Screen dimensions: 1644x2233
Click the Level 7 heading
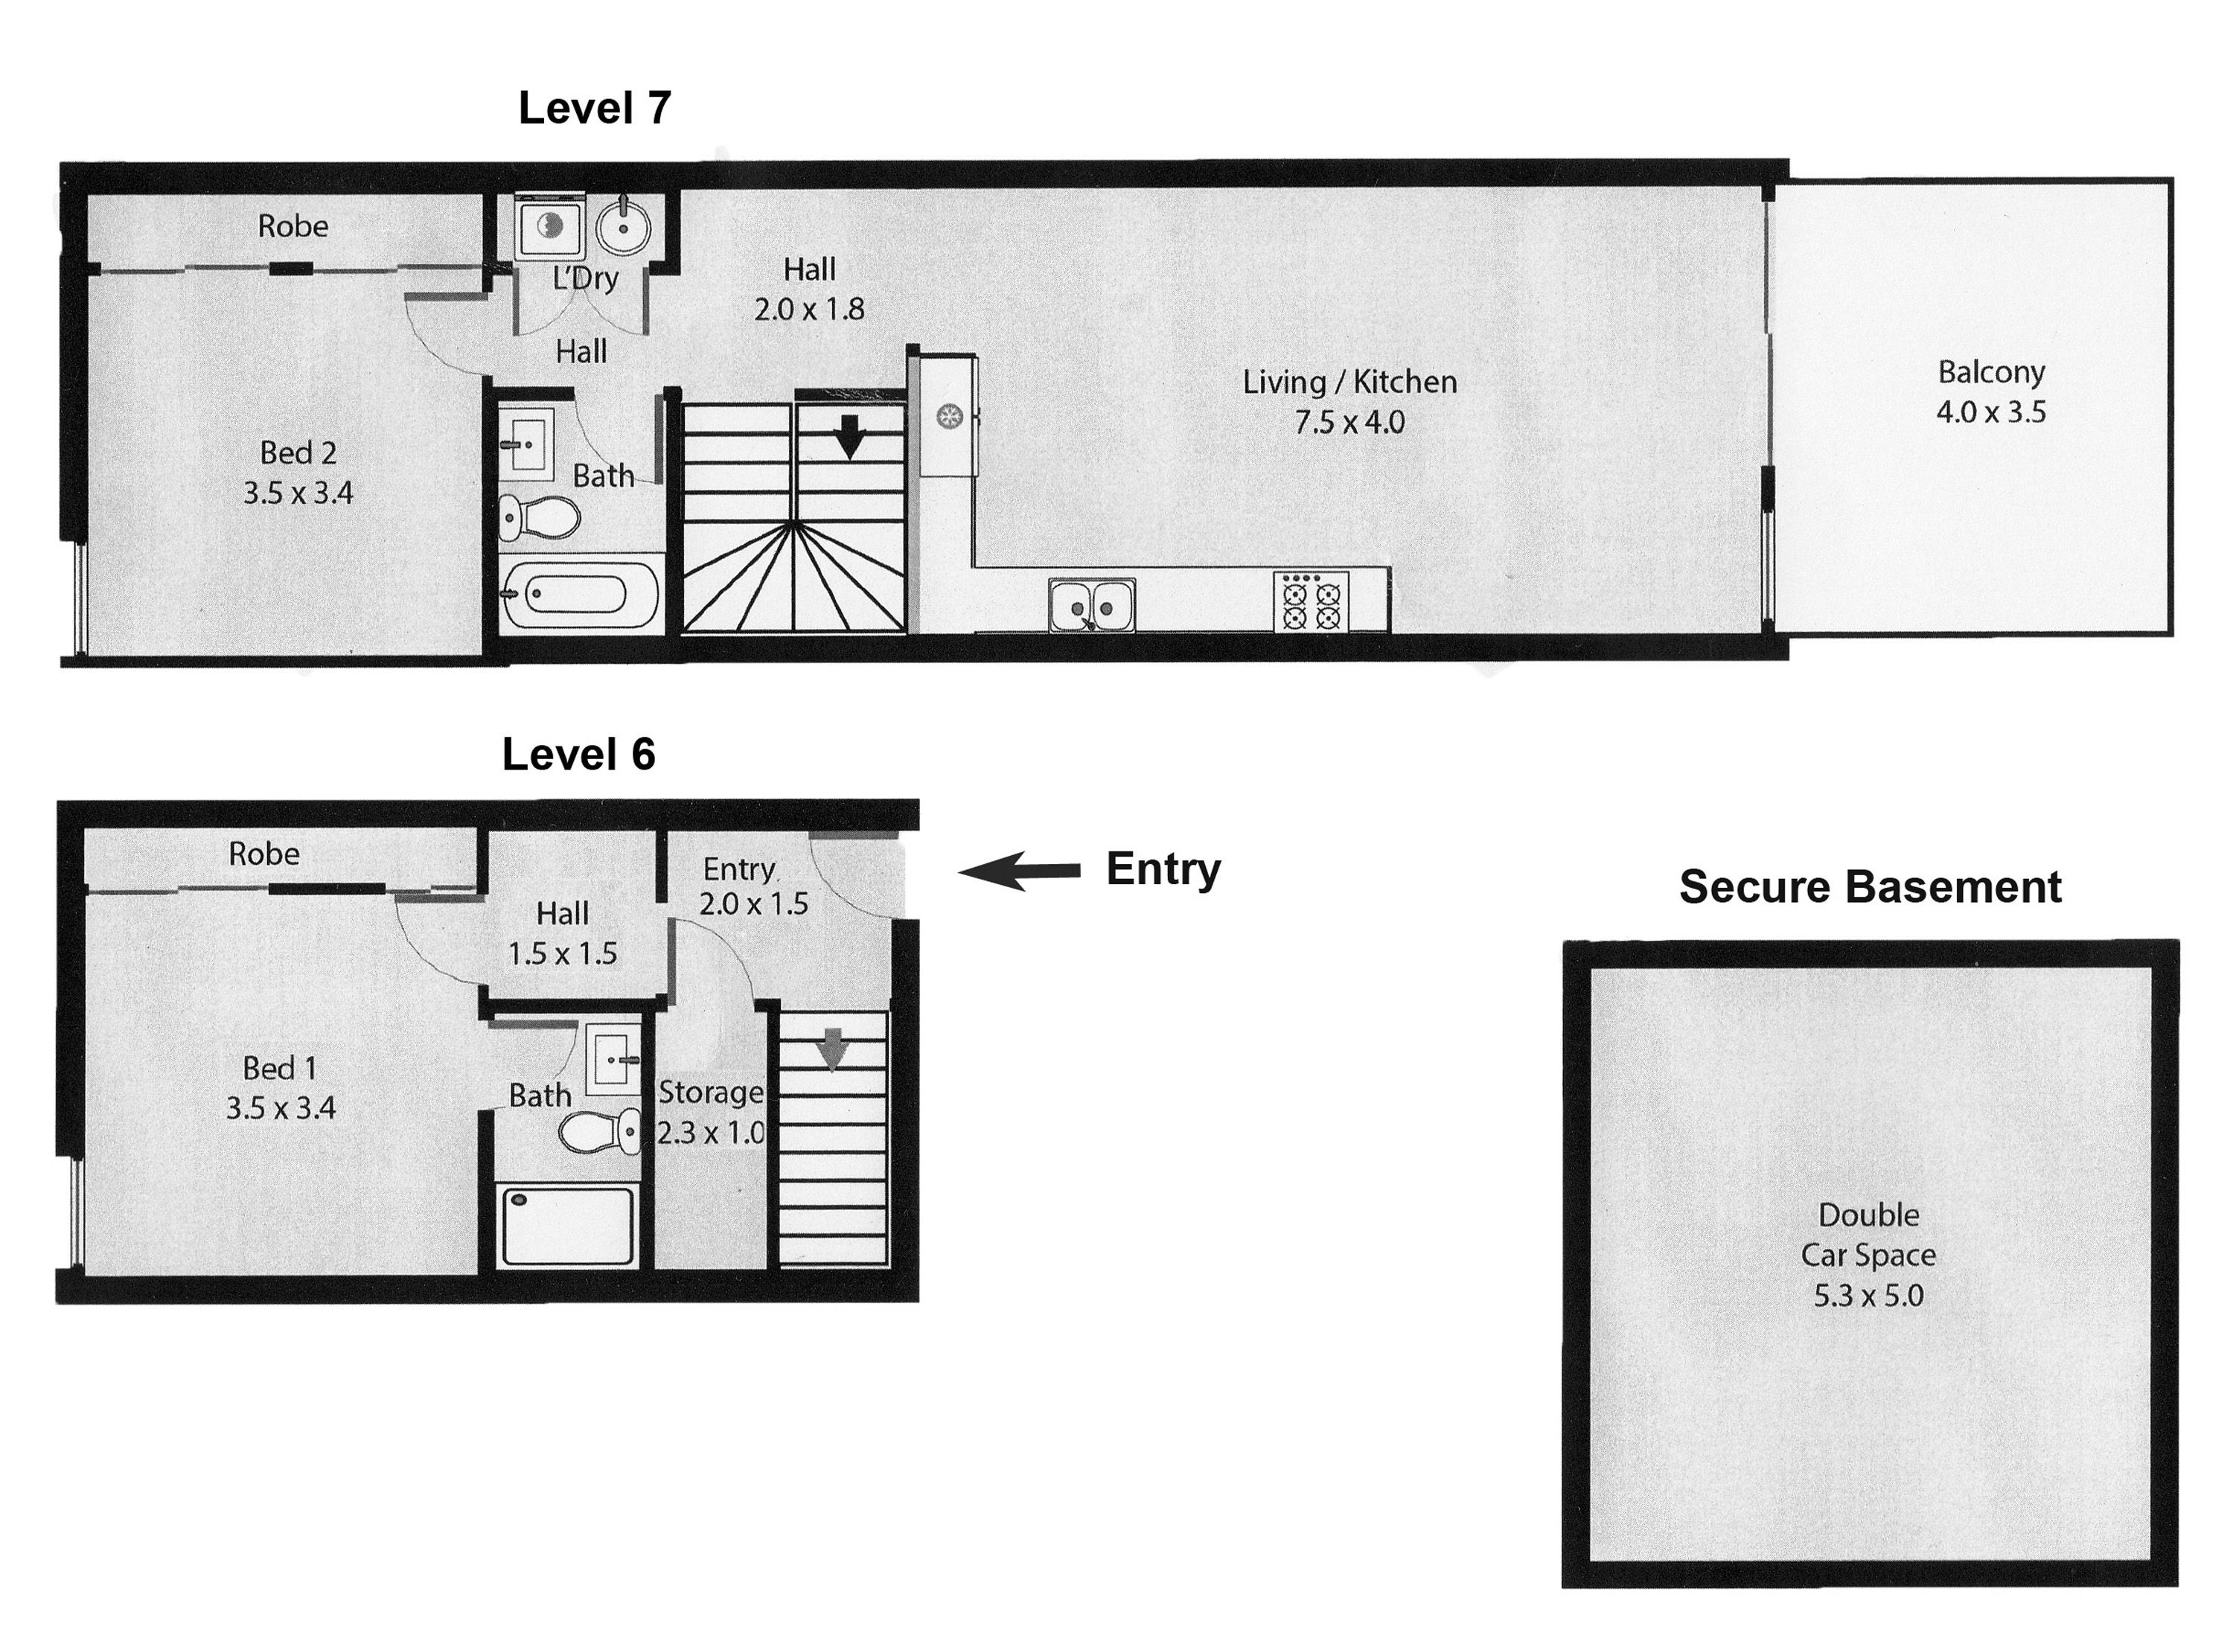tap(594, 107)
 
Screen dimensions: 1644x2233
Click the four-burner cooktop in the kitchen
tap(1311, 601)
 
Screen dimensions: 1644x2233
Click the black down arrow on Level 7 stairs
tap(848, 437)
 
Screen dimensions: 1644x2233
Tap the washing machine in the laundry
tap(549, 227)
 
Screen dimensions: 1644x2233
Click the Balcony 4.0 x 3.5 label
tap(1990, 391)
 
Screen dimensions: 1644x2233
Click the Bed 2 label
tap(298, 452)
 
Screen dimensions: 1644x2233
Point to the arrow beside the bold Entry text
tap(1019, 871)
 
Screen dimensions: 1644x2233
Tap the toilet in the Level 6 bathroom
tap(600, 1131)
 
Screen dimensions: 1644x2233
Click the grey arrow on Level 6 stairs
tap(832, 1048)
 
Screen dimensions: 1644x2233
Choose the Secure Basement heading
tap(1869, 886)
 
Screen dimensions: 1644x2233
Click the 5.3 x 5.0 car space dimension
tap(1868, 1295)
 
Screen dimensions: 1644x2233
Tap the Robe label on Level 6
tap(263, 853)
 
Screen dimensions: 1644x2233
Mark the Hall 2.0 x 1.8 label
tap(808, 289)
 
